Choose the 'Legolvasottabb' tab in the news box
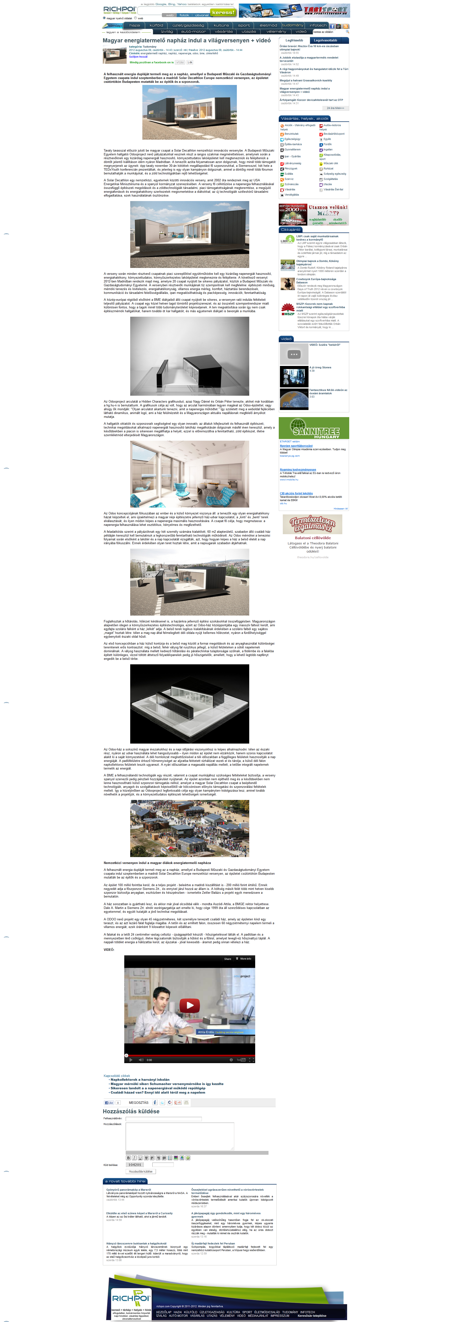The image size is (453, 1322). (x=326, y=40)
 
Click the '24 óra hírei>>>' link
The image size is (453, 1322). (x=335, y=108)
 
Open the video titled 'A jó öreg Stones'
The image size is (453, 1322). (x=320, y=367)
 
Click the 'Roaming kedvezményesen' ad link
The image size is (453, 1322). (x=298, y=469)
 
